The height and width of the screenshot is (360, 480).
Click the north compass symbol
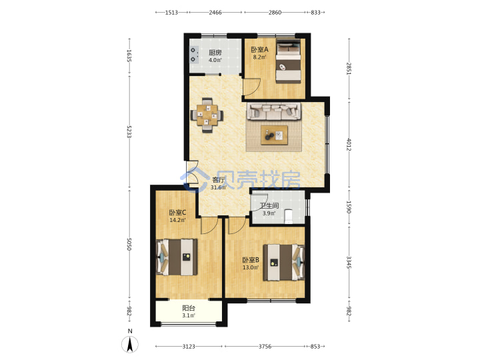pyautogui.click(x=130, y=344)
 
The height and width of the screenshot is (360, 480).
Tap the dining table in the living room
pyautogui.click(x=207, y=115)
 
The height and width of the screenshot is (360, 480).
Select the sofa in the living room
pyautogui.click(x=274, y=111)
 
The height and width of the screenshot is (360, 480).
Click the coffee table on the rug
pyautogui.click(x=274, y=135)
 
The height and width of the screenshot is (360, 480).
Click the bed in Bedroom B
pyautogui.click(x=284, y=263)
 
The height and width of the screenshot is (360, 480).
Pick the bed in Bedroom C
pyautogui.click(x=177, y=257)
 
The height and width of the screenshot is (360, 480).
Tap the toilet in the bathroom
pyautogui.click(x=289, y=216)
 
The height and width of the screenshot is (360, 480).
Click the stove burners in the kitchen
pyautogui.click(x=193, y=55)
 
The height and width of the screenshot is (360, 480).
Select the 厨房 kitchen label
pyautogui.click(x=215, y=53)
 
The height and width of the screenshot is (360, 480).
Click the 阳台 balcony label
pyautogui.click(x=189, y=308)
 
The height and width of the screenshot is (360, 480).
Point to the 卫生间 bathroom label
pyautogui.click(x=269, y=206)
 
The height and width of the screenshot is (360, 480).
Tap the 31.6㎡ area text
pyautogui.click(x=218, y=187)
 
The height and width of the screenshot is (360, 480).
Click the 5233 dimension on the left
pyautogui.click(x=129, y=131)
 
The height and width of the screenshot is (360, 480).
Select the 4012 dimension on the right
pyautogui.click(x=349, y=144)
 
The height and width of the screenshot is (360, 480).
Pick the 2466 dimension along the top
pyautogui.click(x=215, y=13)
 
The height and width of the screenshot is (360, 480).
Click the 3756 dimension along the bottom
pyautogui.click(x=265, y=347)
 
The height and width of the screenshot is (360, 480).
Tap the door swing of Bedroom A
pyautogui.click(x=251, y=87)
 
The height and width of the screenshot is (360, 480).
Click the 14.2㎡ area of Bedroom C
pyautogui.click(x=177, y=220)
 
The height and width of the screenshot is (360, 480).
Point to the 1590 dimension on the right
pyautogui.click(x=349, y=207)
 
